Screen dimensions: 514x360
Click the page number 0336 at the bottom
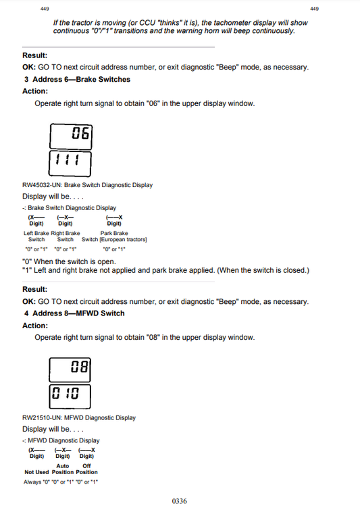coord(179,501)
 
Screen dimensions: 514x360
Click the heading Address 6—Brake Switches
coord(81,79)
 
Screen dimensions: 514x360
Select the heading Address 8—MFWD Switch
coord(78,313)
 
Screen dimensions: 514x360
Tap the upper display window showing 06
coord(71,135)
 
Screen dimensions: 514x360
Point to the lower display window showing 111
coord(71,161)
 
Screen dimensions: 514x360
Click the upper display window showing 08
coord(71,369)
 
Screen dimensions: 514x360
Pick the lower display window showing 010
coord(71,394)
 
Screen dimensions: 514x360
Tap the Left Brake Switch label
coord(36,236)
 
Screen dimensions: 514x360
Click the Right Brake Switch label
coord(66,236)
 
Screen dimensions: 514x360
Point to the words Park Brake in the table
coord(115,233)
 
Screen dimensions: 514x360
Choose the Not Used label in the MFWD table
coord(37,472)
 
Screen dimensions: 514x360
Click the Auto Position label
coord(63,469)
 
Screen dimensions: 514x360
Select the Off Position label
coord(86,469)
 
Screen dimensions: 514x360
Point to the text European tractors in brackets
coord(124,240)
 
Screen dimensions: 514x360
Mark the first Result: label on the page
coord(35,55)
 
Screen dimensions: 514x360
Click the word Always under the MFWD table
coord(32,482)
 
